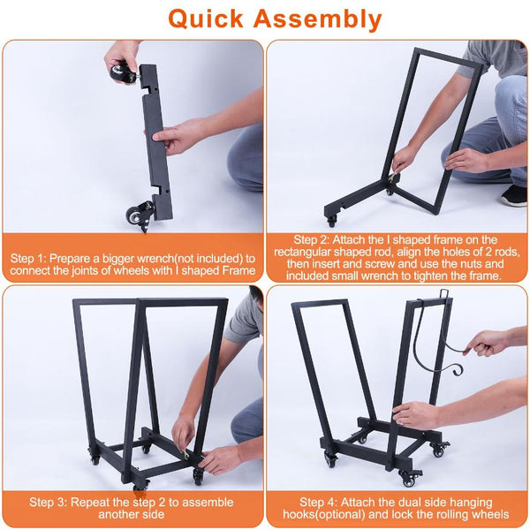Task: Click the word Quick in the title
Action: [x=206, y=19]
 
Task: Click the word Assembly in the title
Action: [x=317, y=19]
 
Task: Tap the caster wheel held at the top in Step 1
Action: [x=121, y=73]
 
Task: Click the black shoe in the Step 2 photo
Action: [x=514, y=196]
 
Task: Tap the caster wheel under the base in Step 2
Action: [x=331, y=222]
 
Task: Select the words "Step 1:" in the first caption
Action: [x=28, y=259]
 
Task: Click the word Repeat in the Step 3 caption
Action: [x=89, y=503]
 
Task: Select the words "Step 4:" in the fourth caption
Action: [x=317, y=502]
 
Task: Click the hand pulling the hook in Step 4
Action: [x=486, y=343]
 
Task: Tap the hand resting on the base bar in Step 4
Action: [x=415, y=415]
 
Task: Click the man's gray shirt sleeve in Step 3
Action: [x=243, y=320]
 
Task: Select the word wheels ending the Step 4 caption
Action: [x=492, y=514]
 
